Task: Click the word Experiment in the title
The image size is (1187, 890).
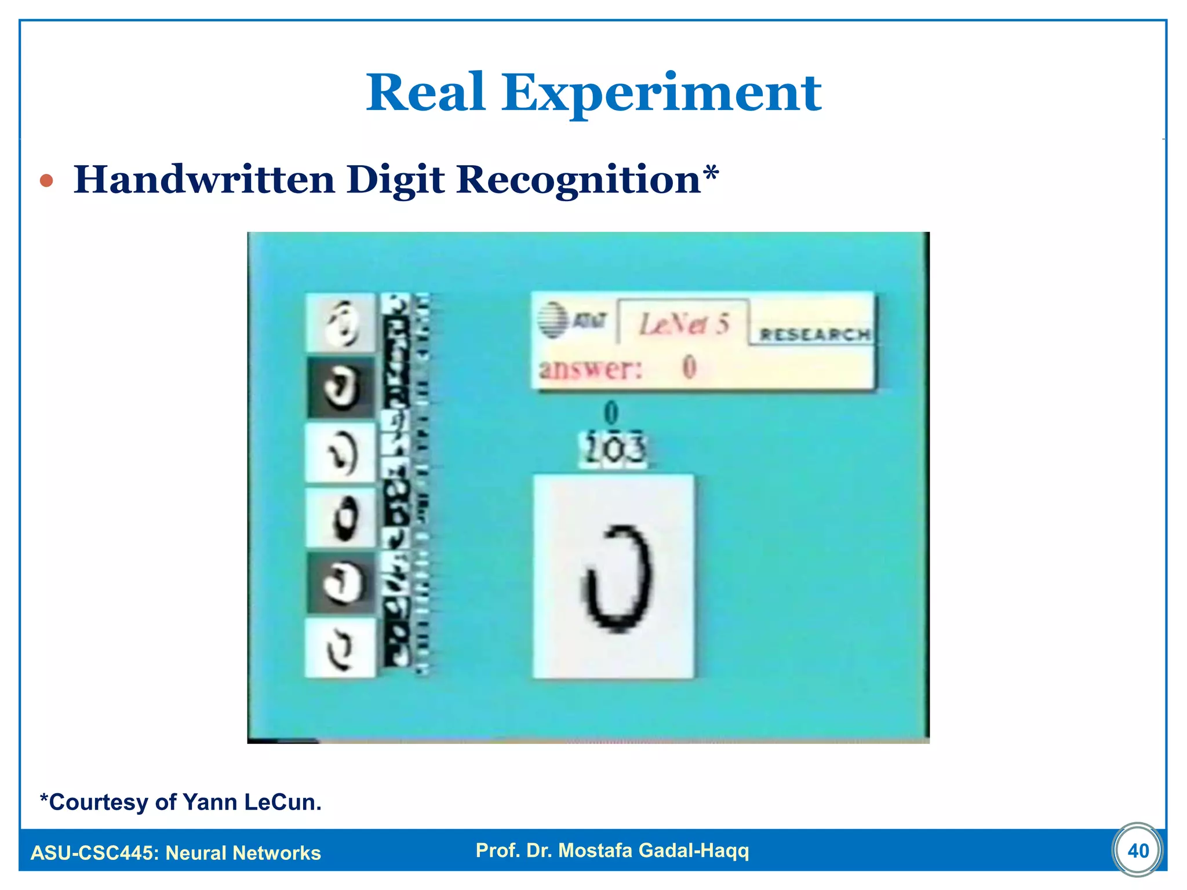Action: tap(661, 94)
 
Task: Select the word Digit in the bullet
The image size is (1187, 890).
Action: tap(395, 180)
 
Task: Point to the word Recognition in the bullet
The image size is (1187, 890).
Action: tap(578, 180)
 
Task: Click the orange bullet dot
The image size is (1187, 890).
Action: tap(46, 181)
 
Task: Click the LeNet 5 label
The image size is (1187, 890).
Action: tap(684, 323)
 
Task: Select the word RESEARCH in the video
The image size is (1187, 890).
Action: tap(814, 334)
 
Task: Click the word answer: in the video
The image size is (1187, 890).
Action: tap(591, 369)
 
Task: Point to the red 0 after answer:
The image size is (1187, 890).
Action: tap(689, 367)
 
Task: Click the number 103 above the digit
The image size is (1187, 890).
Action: tap(614, 449)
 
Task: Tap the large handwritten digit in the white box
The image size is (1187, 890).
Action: tap(617, 578)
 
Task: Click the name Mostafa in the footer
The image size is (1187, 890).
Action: tap(594, 850)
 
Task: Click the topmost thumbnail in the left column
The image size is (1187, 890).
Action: tap(341, 322)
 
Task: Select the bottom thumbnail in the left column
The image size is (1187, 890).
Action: tap(340, 647)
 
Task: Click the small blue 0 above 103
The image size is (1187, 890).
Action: tap(611, 413)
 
